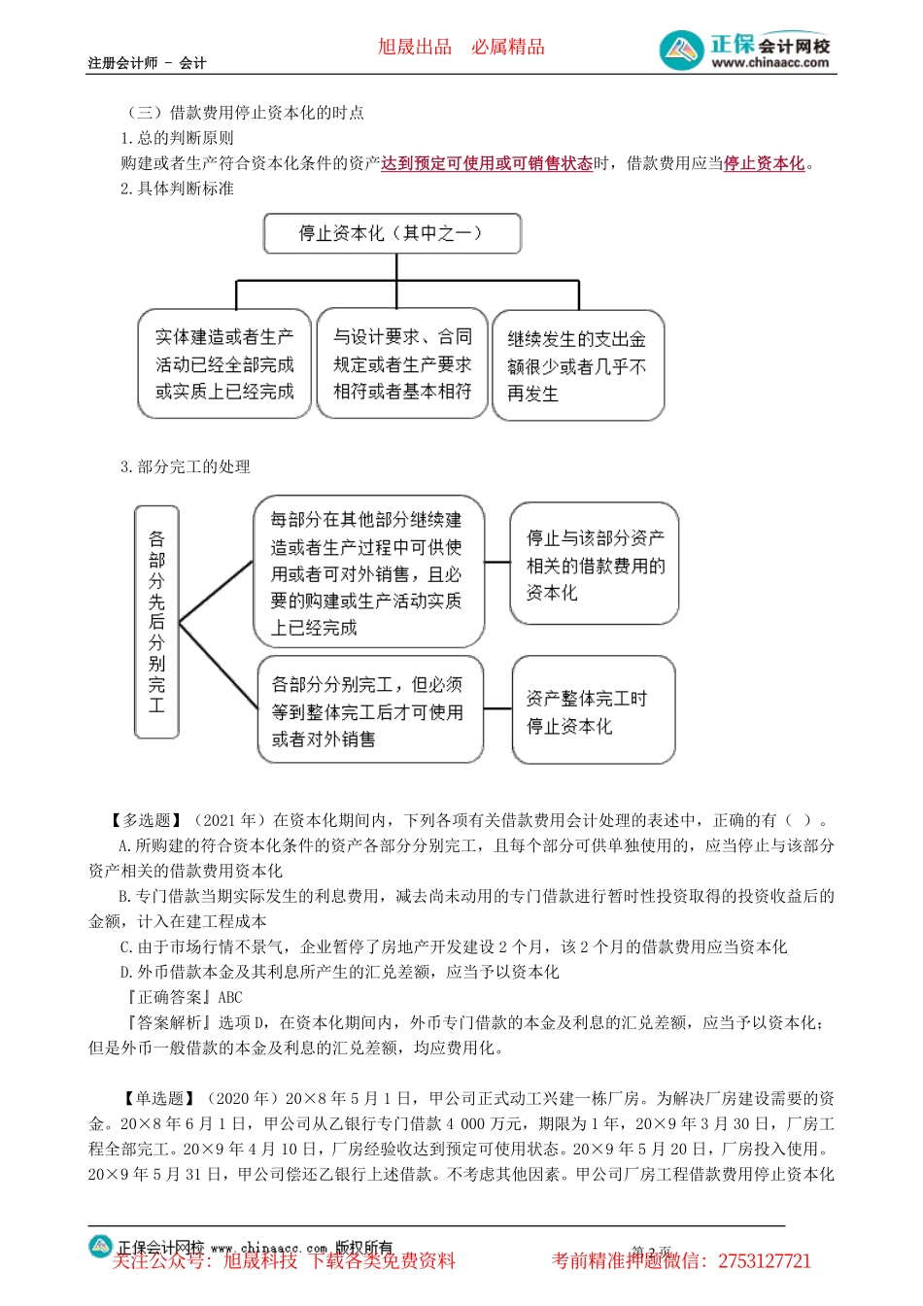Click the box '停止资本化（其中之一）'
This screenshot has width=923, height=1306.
pyautogui.click(x=393, y=234)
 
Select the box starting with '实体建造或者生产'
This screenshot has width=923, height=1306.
pyautogui.click(x=224, y=364)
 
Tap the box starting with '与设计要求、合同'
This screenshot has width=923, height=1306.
pyautogui.click(x=402, y=364)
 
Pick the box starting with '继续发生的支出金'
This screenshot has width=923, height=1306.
pyautogui.click(x=578, y=366)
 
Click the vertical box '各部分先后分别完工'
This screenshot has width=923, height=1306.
pyautogui.click(x=156, y=622)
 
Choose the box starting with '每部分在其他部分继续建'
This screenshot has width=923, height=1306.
pyautogui.click(x=368, y=573)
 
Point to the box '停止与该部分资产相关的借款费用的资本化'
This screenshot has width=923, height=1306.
pyautogui.click(x=594, y=565)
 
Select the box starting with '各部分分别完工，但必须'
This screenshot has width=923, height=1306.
pyautogui.click(x=369, y=711)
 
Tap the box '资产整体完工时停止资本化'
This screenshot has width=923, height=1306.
pyautogui.click(x=593, y=711)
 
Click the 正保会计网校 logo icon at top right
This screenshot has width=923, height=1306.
pyautogui.click(x=681, y=51)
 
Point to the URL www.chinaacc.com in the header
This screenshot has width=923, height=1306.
pyautogui.click(x=770, y=63)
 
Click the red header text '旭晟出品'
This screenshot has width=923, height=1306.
pyautogui.click(x=415, y=47)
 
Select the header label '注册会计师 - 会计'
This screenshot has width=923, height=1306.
pyautogui.click(x=147, y=63)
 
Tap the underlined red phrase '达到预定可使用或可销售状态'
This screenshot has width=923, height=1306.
pyautogui.click(x=487, y=163)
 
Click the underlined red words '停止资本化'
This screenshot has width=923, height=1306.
pyautogui.click(x=765, y=163)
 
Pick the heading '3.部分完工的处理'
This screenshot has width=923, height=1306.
pyautogui.click(x=186, y=466)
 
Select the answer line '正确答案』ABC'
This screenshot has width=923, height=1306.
pyautogui.click(x=185, y=997)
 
